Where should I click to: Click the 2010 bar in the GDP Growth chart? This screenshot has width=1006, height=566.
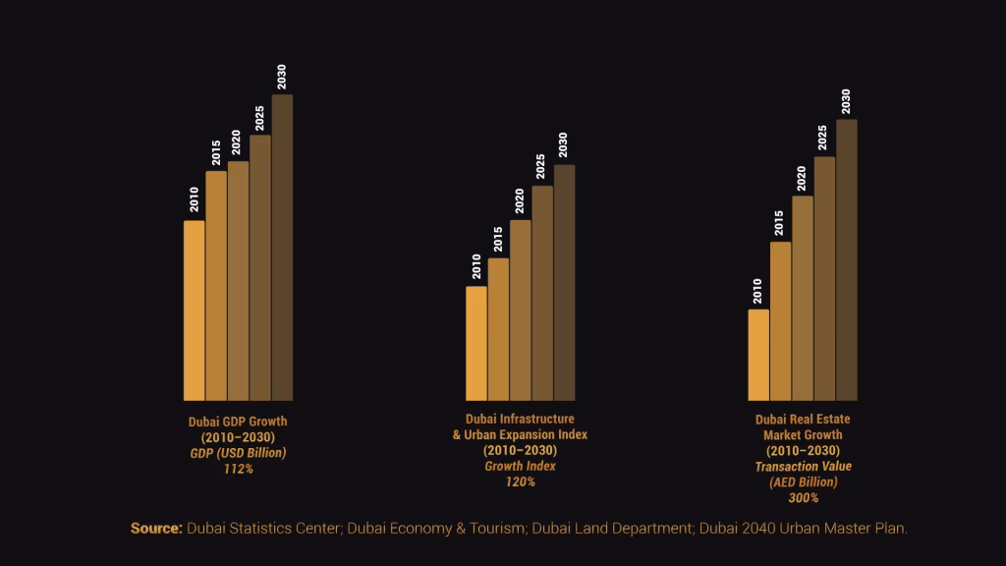click(x=195, y=311)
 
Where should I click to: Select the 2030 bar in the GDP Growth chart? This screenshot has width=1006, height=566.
click(x=282, y=248)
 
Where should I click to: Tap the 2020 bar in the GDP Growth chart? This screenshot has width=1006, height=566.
click(x=239, y=281)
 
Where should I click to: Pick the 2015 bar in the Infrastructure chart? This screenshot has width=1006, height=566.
click(x=498, y=329)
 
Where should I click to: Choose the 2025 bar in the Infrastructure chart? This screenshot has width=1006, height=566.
click(x=542, y=293)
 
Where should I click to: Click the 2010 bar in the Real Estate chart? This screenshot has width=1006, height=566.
click(x=758, y=355)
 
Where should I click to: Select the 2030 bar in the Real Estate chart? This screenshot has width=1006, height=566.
click(x=846, y=260)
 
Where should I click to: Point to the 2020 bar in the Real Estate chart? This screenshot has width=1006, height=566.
click(x=803, y=298)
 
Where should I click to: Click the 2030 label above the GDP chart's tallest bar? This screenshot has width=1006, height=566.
click(x=282, y=77)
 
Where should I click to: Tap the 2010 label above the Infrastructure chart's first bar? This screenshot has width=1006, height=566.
click(x=476, y=266)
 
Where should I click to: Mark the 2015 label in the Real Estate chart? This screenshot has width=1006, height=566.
click(x=780, y=223)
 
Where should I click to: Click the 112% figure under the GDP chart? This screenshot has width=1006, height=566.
click(x=238, y=469)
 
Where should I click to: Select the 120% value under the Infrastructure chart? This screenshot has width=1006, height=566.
click(x=520, y=481)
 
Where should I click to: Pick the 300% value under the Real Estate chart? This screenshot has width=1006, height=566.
click(x=803, y=497)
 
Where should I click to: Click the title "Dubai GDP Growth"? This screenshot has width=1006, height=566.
click(x=238, y=422)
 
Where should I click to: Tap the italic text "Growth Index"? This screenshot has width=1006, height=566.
click(x=520, y=466)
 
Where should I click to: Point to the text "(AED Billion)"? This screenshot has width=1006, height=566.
click(x=803, y=481)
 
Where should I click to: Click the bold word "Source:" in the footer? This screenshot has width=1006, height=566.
click(x=156, y=529)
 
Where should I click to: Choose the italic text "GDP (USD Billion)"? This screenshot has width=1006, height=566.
click(x=238, y=453)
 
